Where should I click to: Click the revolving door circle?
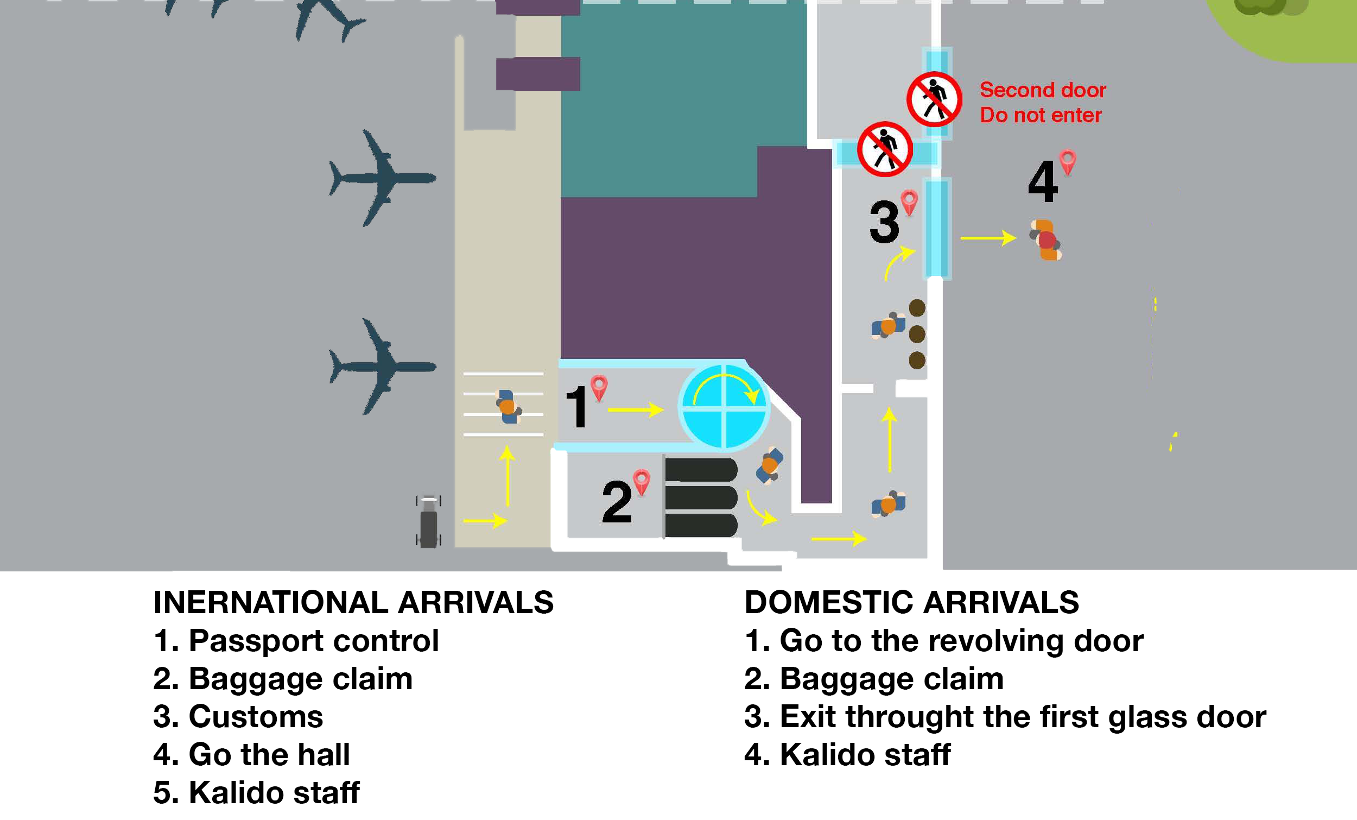click(724, 407)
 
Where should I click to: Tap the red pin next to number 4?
click(1068, 162)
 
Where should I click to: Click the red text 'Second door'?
click(1043, 90)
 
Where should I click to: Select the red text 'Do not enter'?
click(1041, 115)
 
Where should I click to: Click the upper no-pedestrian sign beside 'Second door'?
click(935, 99)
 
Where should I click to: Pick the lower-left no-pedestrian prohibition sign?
click(884, 149)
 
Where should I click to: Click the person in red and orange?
click(1045, 239)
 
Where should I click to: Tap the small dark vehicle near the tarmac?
click(428, 521)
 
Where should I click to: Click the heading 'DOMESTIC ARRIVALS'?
click(911, 602)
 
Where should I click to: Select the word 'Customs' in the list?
click(256, 716)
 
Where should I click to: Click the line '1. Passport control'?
click(296, 641)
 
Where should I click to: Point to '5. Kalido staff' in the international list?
click(257, 792)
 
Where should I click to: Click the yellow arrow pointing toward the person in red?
click(988, 238)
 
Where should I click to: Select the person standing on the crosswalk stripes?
click(508, 407)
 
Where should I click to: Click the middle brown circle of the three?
click(917, 334)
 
